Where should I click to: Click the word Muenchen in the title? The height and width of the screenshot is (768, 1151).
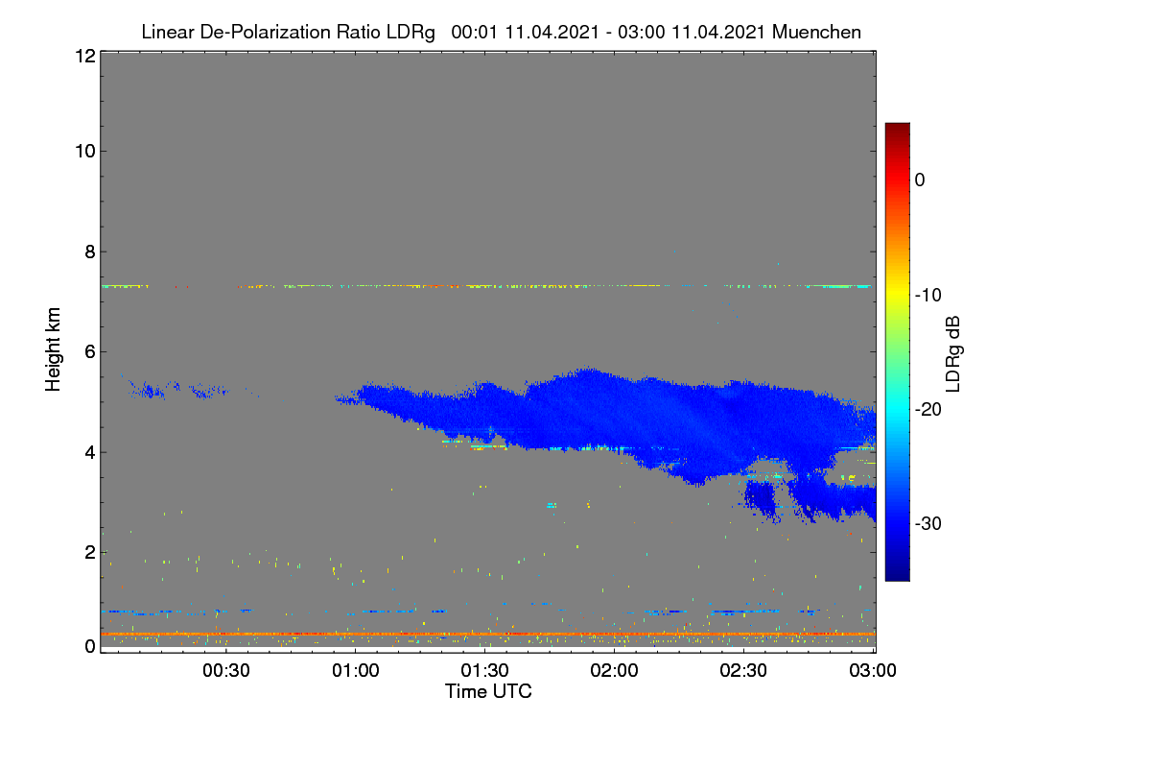click(x=816, y=33)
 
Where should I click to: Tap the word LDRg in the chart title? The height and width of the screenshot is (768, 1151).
click(x=411, y=33)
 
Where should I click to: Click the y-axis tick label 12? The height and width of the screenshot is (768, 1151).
click(x=85, y=56)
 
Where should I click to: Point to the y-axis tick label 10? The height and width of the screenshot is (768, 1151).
click(x=85, y=152)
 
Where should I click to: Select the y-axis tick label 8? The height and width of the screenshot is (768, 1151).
click(x=90, y=252)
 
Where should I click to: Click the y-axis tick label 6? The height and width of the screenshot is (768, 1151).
click(x=90, y=352)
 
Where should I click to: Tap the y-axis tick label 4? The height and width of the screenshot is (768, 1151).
click(x=90, y=453)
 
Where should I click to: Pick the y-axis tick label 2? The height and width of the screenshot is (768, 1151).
click(x=90, y=552)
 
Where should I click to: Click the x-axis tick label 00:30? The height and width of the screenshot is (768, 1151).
click(x=226, y=670)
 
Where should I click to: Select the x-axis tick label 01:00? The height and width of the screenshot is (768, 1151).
click(x=356, y=670)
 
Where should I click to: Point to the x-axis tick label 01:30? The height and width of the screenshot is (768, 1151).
click(x=485, y=670)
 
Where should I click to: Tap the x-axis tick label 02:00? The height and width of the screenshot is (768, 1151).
click(x=615, y=670)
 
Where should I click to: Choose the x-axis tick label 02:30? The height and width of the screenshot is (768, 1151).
click(x=743, y=670)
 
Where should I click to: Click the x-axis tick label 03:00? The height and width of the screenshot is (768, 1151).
click(x=873, y=670)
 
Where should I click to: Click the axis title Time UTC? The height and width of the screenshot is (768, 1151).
click(x=488, y=691)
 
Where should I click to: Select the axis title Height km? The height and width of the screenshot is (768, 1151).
click(x=53, y=349)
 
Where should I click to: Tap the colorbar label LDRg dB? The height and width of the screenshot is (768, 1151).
click(x=953, y=354)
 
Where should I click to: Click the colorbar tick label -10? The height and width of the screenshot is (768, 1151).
click(x=928, y=296)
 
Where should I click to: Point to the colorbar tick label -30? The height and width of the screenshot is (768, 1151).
click(x=928, y=523)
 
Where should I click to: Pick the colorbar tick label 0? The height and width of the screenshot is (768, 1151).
click(x=920, y=180)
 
